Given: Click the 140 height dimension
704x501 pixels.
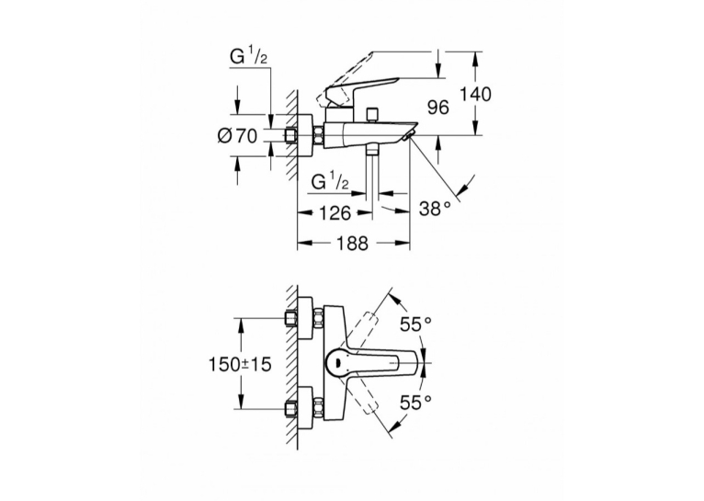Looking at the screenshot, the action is pyautogui.click(x=476, y=95).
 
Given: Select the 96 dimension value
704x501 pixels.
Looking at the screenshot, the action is pyautogui.click(x=437, y=108).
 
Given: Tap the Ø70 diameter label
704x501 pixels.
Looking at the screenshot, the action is pyautogui.click(x=237, y=135).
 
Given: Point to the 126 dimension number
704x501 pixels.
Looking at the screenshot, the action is pyautogui.click(x=334, y=212).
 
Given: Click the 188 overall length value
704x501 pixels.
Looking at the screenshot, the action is pyautogui.click(x=352, y=243).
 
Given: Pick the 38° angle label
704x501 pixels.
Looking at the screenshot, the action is pyautogui.click(x=435, y=209).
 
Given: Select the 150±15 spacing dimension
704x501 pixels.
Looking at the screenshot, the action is pyautogui.click(x=240, y=364).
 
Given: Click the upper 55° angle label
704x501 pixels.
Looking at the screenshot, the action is pyautogui.click(x=415, y=324).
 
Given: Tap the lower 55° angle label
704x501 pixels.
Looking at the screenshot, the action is pyautogui.click(x=415, y=402).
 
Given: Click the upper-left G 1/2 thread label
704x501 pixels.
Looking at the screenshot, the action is pyautogui.click(x=250, y=58).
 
